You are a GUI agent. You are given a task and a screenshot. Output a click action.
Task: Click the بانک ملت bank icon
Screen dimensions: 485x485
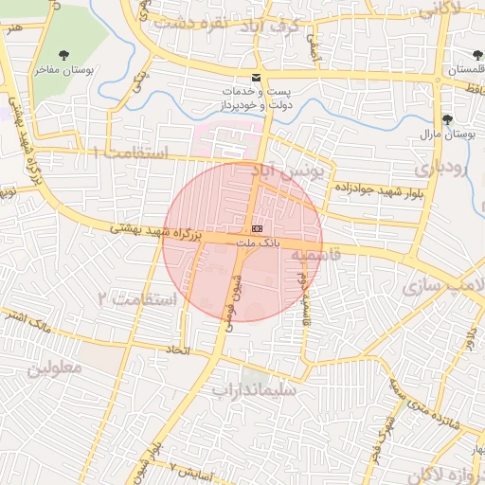point(258,230)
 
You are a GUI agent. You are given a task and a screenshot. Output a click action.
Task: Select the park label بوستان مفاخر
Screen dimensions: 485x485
point(64,70)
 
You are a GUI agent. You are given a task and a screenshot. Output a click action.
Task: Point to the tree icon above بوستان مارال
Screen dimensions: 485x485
point(447,119)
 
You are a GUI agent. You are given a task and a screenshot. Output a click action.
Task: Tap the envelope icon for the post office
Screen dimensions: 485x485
point(255,77)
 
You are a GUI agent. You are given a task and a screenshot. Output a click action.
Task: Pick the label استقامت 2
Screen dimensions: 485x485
point(137,300)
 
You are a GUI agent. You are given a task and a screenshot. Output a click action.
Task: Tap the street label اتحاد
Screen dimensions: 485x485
point(178,351)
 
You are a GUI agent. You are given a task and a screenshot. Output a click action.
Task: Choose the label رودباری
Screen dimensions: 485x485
point(444,169)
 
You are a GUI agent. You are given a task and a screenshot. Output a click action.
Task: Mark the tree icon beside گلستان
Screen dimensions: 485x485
point(476,56)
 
